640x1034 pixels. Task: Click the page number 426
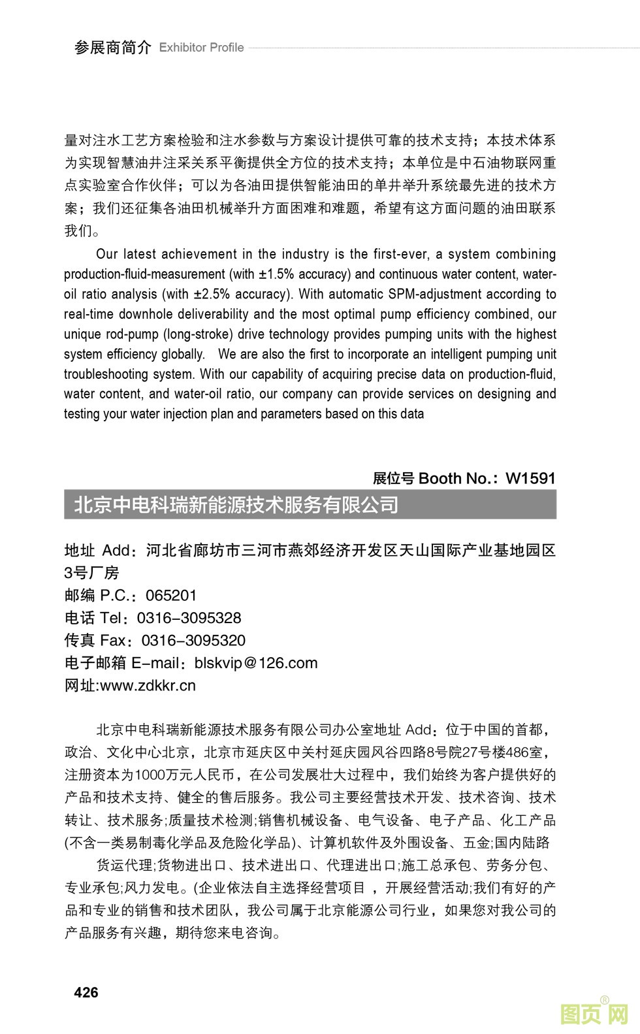coord(86,992)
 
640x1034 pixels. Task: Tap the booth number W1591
coord(530,478)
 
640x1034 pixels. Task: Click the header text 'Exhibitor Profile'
coord(201,48)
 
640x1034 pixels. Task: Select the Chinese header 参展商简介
coord(112,48)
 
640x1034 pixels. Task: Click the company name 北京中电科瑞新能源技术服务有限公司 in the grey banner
coord(236,505)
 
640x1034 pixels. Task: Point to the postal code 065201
coord(171,595)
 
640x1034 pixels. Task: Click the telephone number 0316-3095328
coord(189,618)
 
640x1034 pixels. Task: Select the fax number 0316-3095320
coord(193,640)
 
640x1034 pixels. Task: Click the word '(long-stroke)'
coord(196,334)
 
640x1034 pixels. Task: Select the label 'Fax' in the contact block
coord(112,640)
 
